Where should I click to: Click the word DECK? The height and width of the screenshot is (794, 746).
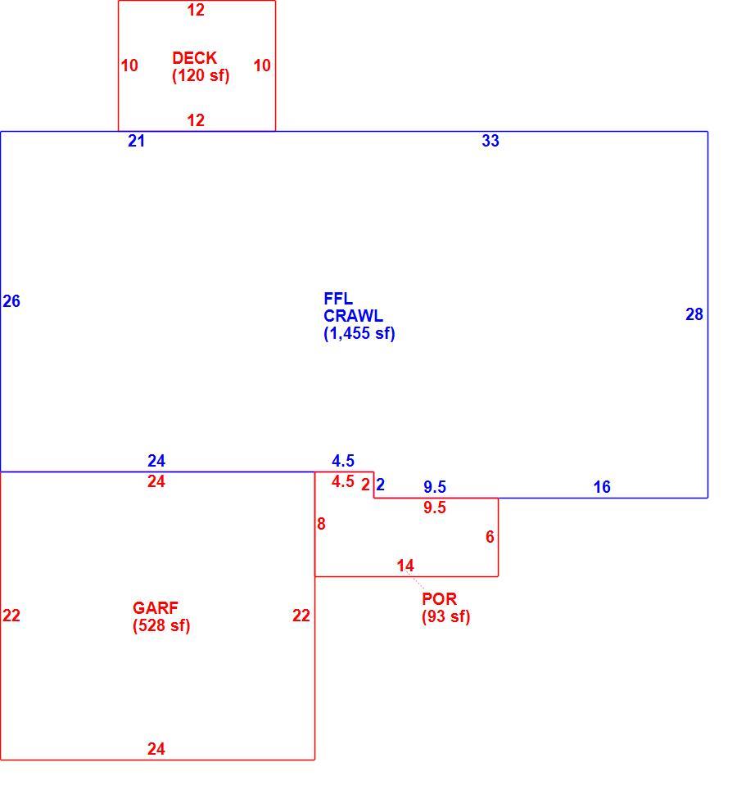[x=194, y=58]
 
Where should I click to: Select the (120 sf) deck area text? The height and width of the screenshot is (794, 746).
[x=201, y=75]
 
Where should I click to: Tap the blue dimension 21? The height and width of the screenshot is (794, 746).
[x=136, y=141]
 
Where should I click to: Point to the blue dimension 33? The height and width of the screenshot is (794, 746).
[x=491, y=141]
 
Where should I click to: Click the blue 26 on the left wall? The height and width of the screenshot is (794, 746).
[x=11, y=301]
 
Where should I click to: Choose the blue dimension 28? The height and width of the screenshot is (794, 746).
[x=694, y=314]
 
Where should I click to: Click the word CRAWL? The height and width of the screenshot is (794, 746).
[x=353, y=316]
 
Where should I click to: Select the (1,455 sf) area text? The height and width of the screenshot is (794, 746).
[x=359, y=334]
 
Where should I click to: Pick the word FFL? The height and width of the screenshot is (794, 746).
[x=338, y=298]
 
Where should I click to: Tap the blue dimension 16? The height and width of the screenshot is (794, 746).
[x=602, y=487]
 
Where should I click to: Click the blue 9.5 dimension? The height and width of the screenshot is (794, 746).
[x=435, y=487]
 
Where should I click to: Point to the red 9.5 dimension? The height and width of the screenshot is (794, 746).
[x=435, y=508]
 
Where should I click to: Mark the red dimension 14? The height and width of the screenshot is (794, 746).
[x=405, y=566]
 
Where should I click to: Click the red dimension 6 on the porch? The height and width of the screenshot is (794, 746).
[x=490, y=537]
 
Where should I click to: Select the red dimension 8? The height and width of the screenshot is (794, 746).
[x=321, y=524]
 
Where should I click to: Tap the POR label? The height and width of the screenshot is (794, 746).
[x=439, y=599]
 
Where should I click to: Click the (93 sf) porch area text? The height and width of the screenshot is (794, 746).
[x=445, y=616]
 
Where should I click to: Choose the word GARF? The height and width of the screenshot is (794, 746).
[x=155, y=607]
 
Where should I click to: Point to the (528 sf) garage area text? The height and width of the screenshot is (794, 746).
[x=161, y=625]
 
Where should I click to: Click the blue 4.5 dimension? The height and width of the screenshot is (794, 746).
[x=343, y=461]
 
